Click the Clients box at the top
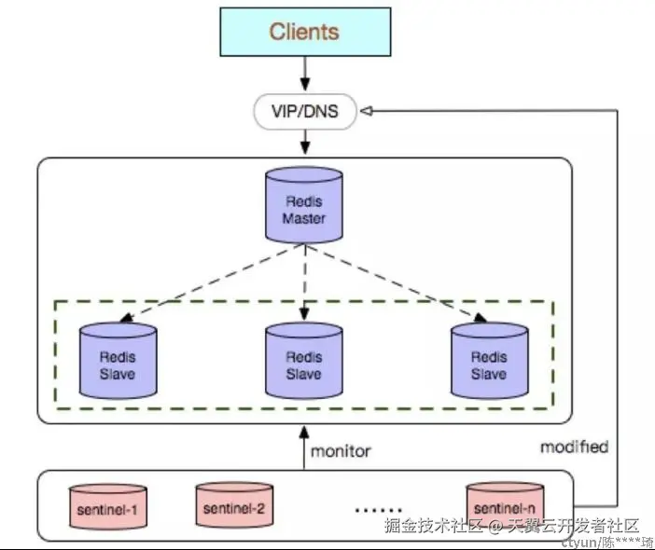click(304, 32)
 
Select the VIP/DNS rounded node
click(305, 113)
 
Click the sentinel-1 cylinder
click(108, 507)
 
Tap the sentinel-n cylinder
click(505, 504)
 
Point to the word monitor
click(341, 451)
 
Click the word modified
click(574, 447)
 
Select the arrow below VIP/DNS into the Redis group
click(304, 144)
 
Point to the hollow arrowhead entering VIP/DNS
click(367, 112)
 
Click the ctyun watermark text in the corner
click(607, 542)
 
